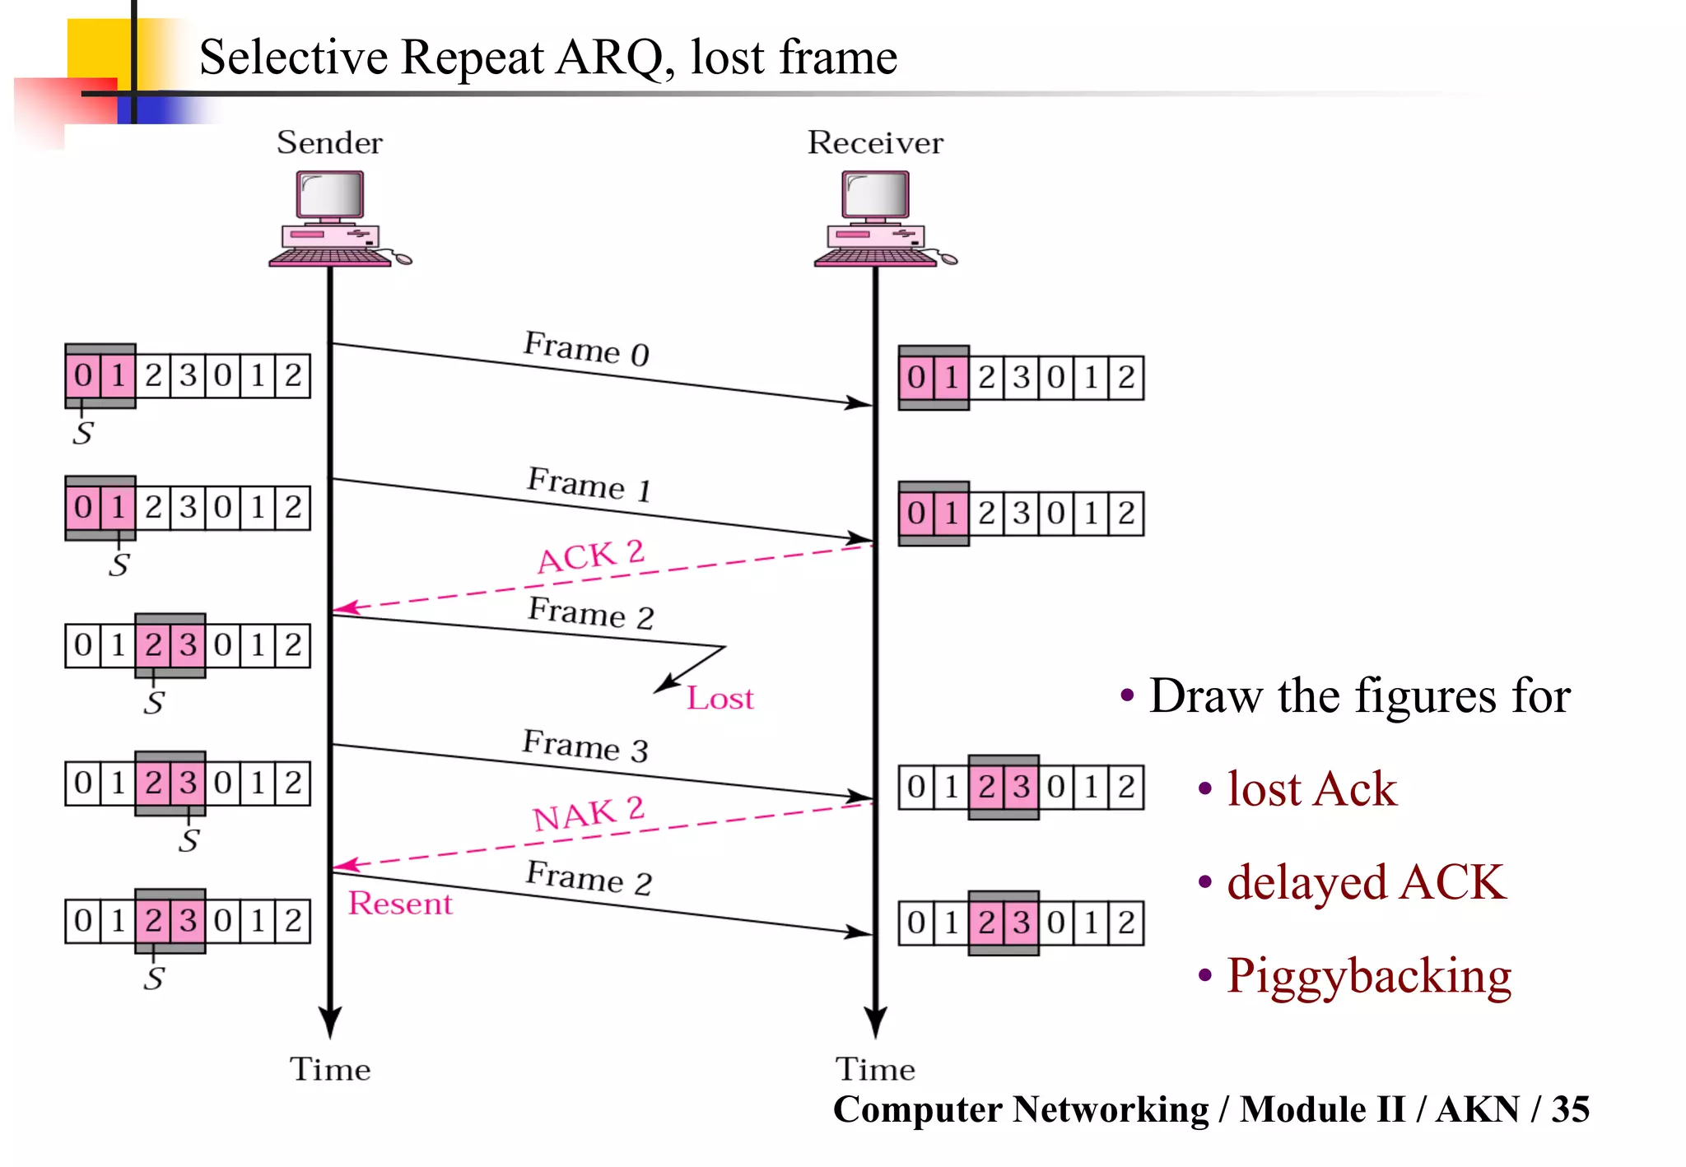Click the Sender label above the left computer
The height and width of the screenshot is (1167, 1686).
tap(329, 142)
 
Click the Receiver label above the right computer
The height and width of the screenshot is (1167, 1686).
tap(874, 142)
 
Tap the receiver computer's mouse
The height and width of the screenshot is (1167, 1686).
tap(948, 259)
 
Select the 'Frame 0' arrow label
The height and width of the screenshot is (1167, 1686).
tap(586, 349)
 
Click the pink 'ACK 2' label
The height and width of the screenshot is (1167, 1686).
tap(590, 557)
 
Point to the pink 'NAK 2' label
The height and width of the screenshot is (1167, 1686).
tap(588, 814)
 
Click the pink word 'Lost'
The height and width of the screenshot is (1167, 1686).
tap(720, 699)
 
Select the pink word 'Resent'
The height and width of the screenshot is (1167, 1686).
tap(400, 904)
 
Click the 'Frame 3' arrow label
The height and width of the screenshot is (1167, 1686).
tap(585, 746)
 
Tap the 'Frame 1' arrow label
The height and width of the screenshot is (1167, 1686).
tap(589, 484)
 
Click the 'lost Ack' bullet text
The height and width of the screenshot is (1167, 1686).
tap(1311, 788)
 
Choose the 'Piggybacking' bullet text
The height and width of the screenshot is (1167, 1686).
tap(1368, 976)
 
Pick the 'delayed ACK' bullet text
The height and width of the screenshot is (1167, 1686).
tap(1366, 882)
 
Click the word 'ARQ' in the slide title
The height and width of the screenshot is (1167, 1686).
tap(609, 58)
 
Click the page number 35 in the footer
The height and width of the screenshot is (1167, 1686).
tap(1570, 1109)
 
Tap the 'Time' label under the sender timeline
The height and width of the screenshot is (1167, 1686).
tap(329, 1069)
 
